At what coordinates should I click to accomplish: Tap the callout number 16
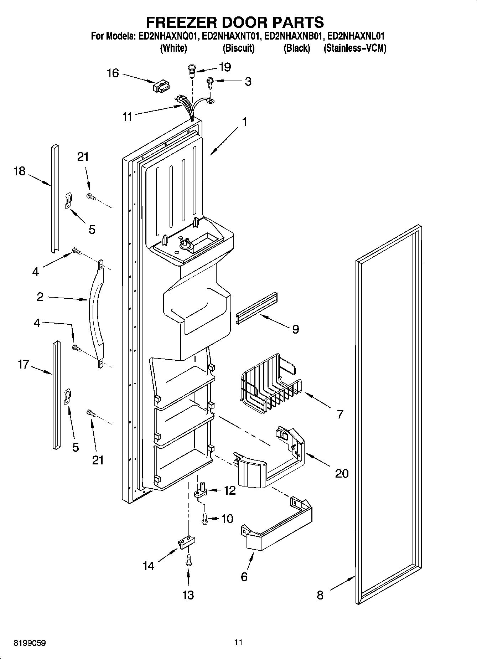tap(113, 73)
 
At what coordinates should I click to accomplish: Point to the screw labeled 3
tap(210, 84)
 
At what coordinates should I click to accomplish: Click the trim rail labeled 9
tap(256, 308)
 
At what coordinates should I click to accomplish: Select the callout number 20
tap(341, 473)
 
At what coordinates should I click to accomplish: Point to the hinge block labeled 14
tap(186, 543)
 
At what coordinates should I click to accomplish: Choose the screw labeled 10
tap(204, 518)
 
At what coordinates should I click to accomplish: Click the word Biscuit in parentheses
tap(238, 48)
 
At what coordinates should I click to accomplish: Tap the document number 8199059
tap(30, 643)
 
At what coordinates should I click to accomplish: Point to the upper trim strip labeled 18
tap(55, 200)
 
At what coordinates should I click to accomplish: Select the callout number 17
tap(23, 365)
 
